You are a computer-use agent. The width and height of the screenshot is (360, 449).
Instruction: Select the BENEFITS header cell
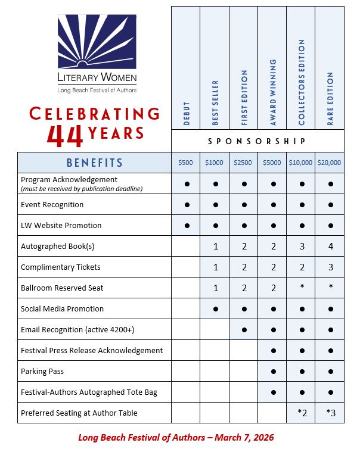click(x=95, y=163)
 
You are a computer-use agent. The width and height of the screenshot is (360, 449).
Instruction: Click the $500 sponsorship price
click(x=186, y=163)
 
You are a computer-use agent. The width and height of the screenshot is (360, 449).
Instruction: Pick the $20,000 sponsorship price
click(x=330, y=163)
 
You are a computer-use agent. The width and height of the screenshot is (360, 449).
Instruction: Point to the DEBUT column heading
click(x=186, y=111)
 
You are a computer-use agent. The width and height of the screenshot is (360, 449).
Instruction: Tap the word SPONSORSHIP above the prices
click(x=257, y=141)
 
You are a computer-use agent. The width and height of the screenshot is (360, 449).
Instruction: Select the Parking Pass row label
click(x=42, y=371)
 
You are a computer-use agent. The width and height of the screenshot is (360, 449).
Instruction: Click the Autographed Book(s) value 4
click(x=330, y=247)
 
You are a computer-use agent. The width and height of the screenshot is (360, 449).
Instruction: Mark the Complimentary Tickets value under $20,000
click(x=330, y=267)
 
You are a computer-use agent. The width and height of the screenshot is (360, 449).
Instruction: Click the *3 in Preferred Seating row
click(x=330, y=413)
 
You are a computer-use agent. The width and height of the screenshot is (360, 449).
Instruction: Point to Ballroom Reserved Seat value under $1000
click(x=215, y=288)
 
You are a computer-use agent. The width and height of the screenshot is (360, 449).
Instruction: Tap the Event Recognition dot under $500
click(x=186, y=205)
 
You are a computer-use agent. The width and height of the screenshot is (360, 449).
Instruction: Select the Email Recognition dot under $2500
click(x=244, y=330)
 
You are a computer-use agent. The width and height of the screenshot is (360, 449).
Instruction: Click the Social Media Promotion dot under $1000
click(x=215, y=309)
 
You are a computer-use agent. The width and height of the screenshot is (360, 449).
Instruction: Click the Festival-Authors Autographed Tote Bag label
click(x=89, y=392)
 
